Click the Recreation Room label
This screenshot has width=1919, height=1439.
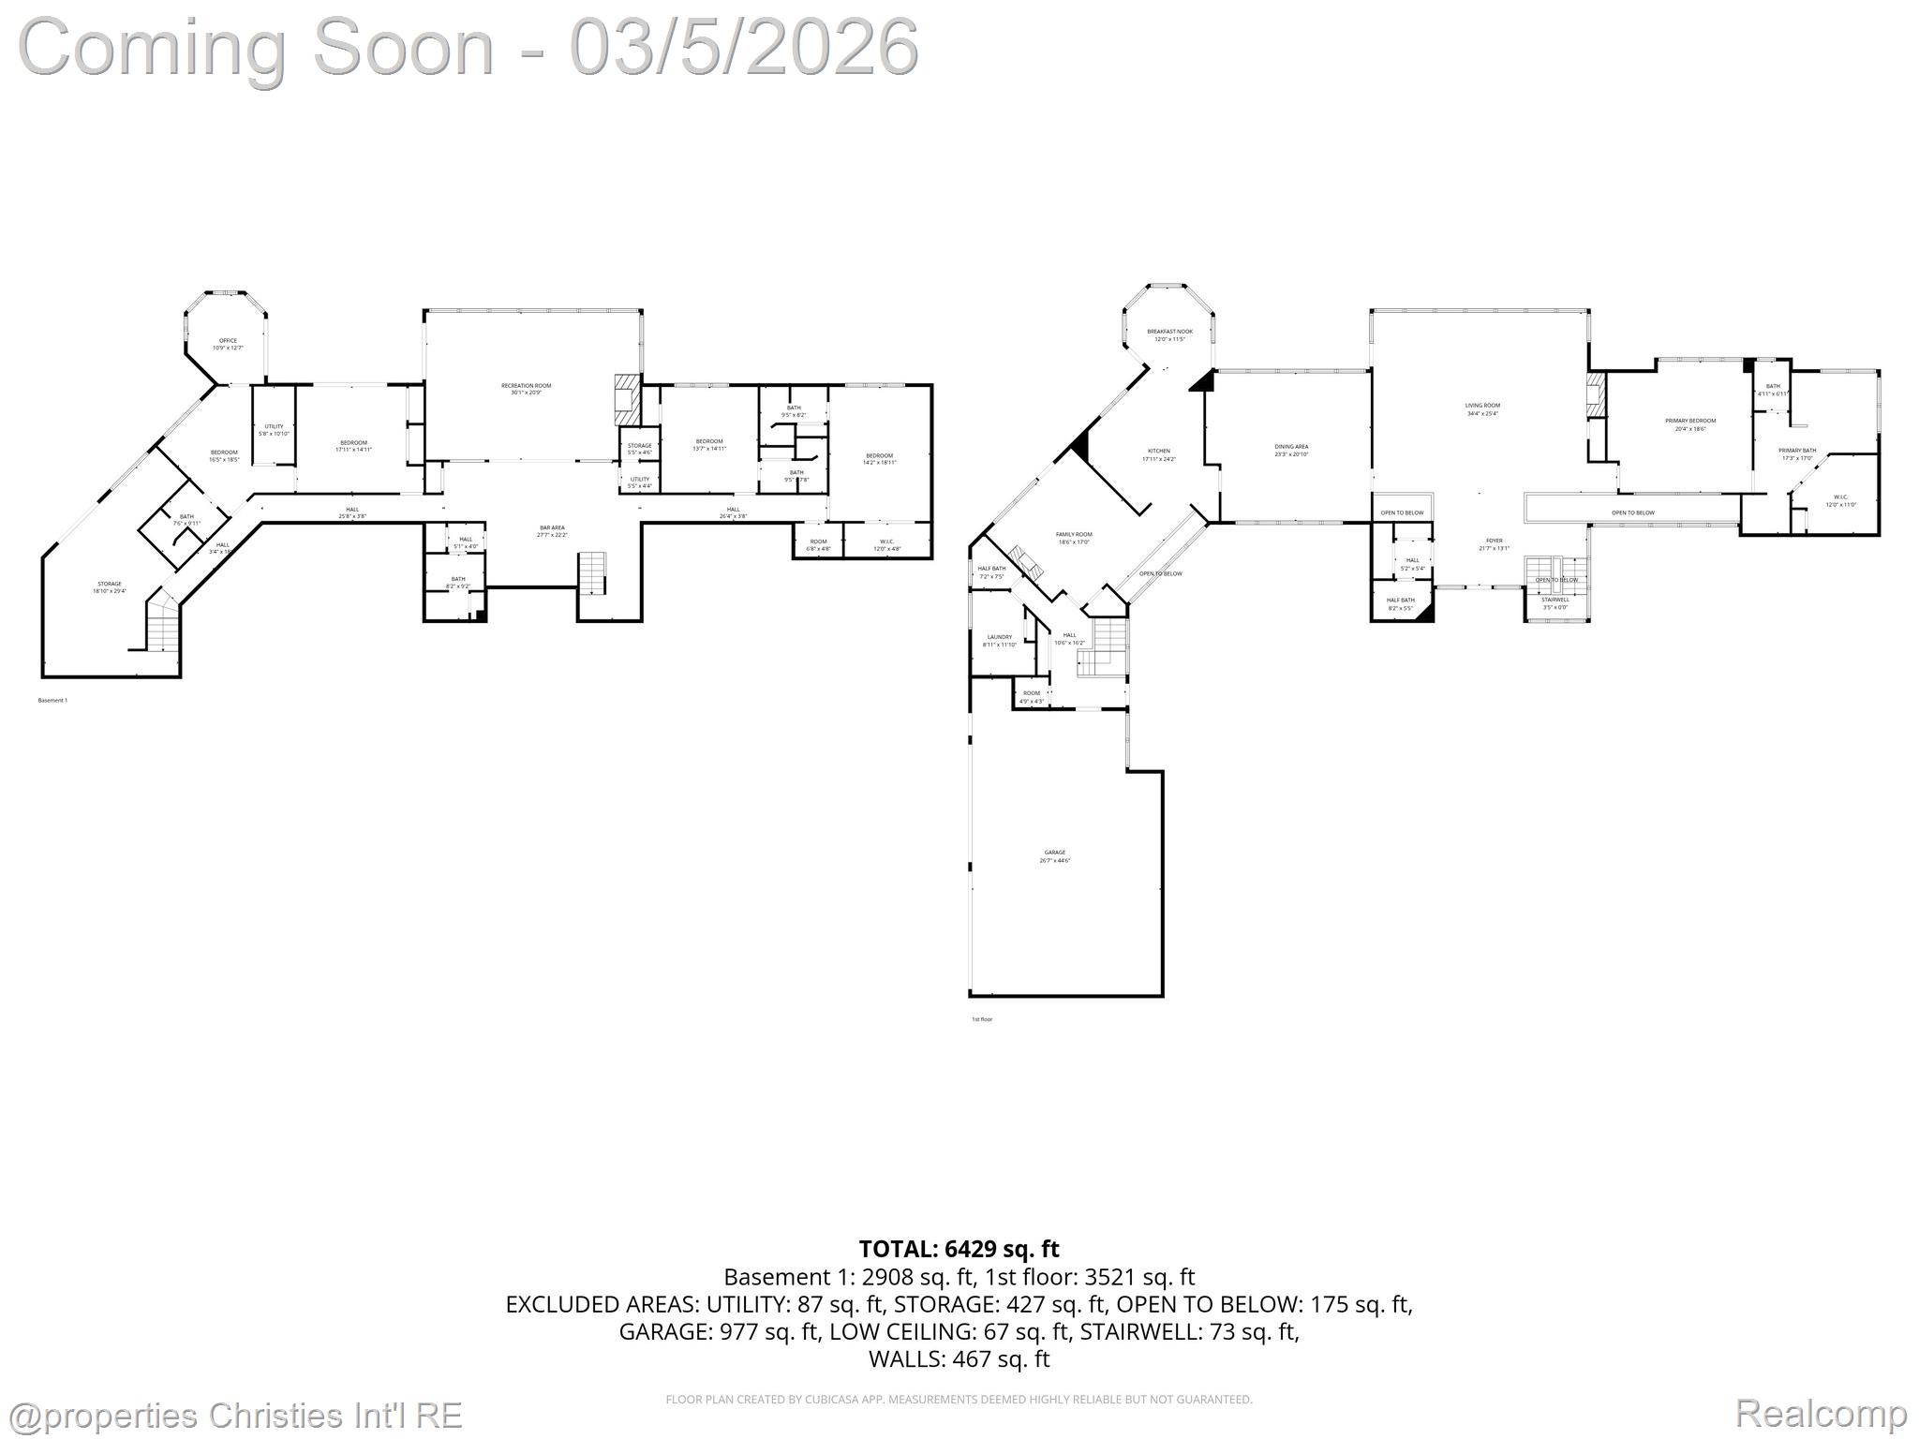(526, 389)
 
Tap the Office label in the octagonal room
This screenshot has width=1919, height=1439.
(228, 344)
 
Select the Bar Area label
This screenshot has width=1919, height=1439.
(552, 531)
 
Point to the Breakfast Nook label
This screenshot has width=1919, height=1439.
(1169, 334)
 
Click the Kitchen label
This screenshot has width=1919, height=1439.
(1158, 454)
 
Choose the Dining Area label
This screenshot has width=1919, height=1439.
(1291, 450)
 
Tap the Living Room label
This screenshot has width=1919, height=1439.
(1482, 408)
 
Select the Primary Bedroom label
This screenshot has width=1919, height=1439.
(1690, 424)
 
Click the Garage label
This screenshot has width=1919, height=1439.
(1055, 856)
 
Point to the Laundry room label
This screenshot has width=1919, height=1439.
(999, 640)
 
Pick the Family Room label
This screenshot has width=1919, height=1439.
(1074, 538)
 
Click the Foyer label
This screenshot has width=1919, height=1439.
(1494, 543)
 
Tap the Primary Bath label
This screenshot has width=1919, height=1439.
(1797, 453)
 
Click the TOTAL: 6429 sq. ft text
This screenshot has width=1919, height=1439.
(959, 1249)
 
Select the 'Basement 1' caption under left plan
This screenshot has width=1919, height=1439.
(52, 700)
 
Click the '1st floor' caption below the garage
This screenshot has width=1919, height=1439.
(981, 1018)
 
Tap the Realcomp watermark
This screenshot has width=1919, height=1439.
(1821, 1413)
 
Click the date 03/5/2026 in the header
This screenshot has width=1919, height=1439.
(745, 47)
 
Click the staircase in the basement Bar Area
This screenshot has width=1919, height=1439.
(592, 573)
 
